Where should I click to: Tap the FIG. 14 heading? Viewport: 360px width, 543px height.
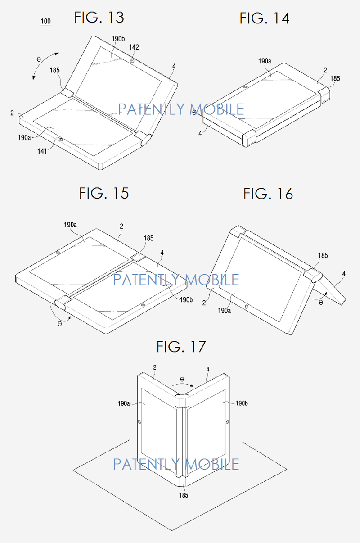(264, 18)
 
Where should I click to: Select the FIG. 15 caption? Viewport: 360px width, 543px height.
(104, 193)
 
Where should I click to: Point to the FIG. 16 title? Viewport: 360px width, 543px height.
(268, 194)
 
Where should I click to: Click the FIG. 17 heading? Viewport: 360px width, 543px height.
(181, 347)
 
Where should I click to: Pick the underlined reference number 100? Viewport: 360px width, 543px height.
(45, 21)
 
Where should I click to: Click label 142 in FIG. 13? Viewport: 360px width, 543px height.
(134, 47)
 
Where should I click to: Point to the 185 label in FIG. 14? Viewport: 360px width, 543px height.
(335, 78)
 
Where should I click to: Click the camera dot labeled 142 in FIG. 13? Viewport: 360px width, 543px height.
(131, 60)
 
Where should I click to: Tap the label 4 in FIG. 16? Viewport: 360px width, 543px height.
(344, 273)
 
